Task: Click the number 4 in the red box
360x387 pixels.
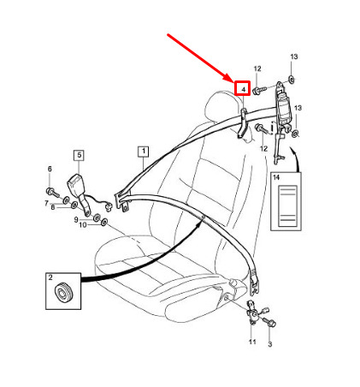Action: click(243, 90)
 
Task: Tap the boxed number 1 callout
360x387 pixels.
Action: click(144, 152)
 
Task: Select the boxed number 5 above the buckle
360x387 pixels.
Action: click(80, 155)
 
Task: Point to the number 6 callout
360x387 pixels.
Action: click(50, 169)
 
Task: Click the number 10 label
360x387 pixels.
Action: click(83, 225)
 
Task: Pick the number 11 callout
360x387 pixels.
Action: click(252, 342)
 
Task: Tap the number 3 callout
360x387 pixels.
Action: click(270, 344)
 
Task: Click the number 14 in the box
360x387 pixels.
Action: click(276, 177)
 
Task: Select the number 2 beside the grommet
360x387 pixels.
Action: click(50, 277)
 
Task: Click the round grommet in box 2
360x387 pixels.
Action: click(64, 293)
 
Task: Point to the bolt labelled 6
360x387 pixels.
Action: click(52, 193)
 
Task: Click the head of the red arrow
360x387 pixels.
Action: click(229, 78)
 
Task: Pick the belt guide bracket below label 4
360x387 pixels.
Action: click(243, 123)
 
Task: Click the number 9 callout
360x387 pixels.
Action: click(76, 219)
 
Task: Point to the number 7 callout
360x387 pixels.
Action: click(46, 203)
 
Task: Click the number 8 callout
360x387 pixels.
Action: click(53, 207)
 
